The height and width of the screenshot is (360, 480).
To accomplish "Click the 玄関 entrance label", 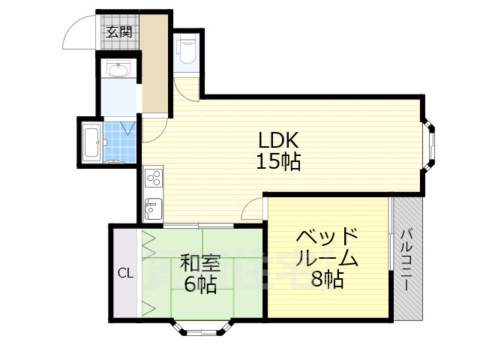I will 118,31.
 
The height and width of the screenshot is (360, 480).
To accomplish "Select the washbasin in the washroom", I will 117,70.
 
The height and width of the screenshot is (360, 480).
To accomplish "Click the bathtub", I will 92,142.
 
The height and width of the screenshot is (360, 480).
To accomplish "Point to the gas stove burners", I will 154,178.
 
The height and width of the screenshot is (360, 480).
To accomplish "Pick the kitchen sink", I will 153,207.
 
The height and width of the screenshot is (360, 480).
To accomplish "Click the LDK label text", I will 279,140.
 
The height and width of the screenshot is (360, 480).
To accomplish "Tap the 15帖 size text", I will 279,161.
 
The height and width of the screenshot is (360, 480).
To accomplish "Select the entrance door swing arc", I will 79,31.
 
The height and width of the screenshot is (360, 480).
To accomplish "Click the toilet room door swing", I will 188,88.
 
